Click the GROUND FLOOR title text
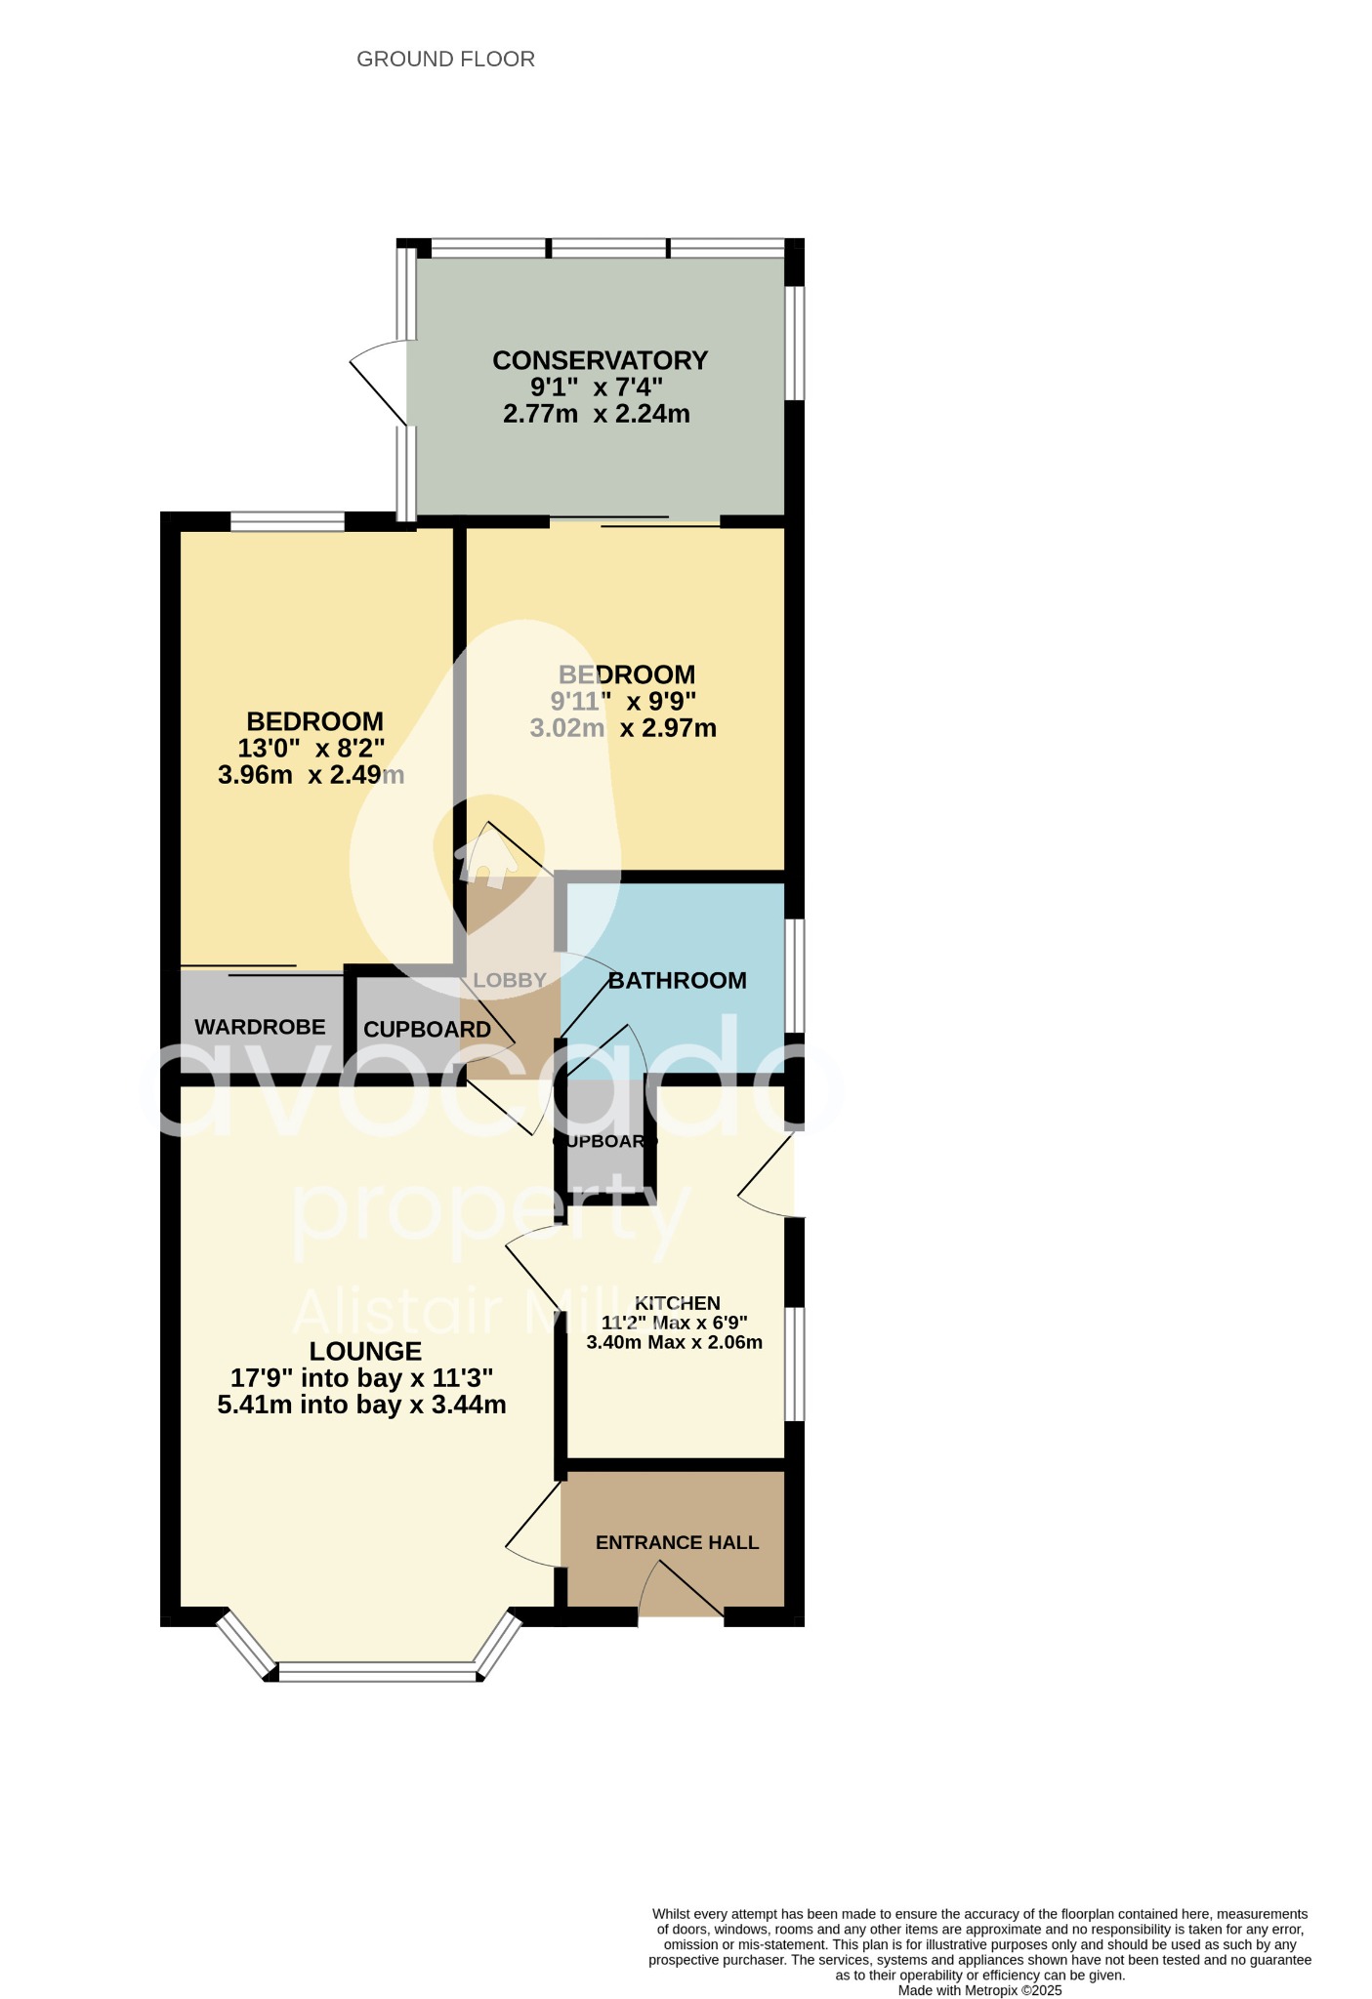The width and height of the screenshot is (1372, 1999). [x=445, y=60]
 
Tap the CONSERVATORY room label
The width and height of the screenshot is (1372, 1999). [x=600, y=360]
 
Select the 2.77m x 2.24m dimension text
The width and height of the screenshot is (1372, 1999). [x=596, y=414]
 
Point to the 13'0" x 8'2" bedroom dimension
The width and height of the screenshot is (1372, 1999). [x=312, y=749]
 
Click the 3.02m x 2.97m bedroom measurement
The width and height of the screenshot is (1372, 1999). [x=623, y=728]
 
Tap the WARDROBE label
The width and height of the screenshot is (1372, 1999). [x=260, y=1027]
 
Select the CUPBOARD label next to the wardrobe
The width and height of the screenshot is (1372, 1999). [x=427, y=1030]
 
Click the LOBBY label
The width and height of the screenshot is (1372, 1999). [x=510, y=980]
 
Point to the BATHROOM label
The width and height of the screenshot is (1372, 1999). [x=677, y=980]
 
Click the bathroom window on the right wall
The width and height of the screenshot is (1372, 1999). [x=797, y=975]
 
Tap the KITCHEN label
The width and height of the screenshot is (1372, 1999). [x=677, y=1303]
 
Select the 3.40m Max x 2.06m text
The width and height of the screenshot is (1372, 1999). [x=674, y=1342]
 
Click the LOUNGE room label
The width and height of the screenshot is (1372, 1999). [x=365, y=1351]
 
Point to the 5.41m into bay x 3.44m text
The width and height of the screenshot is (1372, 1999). [x=361, y=1406]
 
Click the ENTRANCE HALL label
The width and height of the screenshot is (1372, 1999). [x=677, y=1542]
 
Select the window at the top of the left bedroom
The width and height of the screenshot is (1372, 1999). [x=287, y=522]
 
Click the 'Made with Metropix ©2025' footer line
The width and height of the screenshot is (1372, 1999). [x=979, y=1990]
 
